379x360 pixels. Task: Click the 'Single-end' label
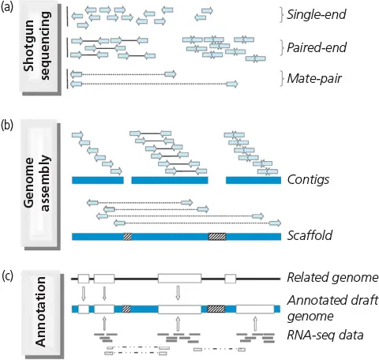pos(317,14)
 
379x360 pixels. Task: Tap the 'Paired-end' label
pos(317,47)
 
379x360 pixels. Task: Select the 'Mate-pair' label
pos(314,78)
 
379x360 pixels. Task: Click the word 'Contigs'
pos(308,180)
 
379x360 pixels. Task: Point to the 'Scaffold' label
pos(310,235)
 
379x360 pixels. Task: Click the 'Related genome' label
pos(332,277)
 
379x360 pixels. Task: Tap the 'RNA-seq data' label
pos(325,335)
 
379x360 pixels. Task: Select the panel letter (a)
pos(7,7)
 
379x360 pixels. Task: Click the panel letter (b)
pos(7,126)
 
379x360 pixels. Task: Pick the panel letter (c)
pos(7,276)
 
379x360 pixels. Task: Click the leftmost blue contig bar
pos(98,180)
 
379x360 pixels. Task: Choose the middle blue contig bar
pos(170,180)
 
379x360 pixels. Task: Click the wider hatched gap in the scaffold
pos(217,237)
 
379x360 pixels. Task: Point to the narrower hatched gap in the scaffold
pos(127,237)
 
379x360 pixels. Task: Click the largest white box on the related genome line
pos(180,279)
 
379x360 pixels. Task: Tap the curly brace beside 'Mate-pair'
pos(282,78)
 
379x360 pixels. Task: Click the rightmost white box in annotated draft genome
pos(255,309)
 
